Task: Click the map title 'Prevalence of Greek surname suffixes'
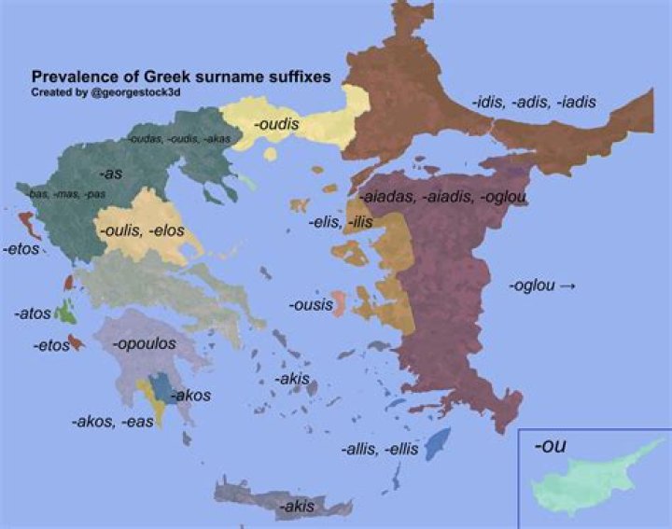180,77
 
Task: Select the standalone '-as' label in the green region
111,174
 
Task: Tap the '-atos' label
32,314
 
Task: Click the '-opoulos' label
144,344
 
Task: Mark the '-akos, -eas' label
112,421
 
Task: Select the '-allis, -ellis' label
380,449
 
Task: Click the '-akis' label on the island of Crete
297,507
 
